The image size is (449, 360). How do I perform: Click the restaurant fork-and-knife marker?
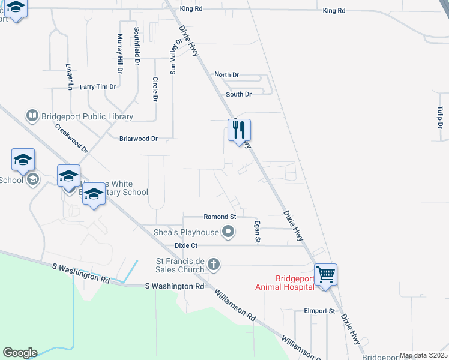click(239, 130)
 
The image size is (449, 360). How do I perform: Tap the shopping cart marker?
click(325, 275)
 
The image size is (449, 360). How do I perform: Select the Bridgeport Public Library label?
click(87, 116)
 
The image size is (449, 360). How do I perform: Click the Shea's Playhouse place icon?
click(228, 231)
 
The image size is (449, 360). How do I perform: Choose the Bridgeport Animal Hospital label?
click(285, 283)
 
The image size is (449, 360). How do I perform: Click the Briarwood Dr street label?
click(138, 139)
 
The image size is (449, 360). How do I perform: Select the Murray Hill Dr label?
click(120, 54)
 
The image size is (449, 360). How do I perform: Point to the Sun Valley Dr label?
click(175, 56)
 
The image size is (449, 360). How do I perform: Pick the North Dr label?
click(227, 74)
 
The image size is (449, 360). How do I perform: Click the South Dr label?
click(238, 94)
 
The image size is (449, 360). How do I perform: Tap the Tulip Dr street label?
click(440, 117)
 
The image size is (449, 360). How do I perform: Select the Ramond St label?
click(220, 216)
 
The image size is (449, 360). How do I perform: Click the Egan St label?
click(258, 232)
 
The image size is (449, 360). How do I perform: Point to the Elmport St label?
click(319, 311)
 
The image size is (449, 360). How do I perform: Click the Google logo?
click(20, 353)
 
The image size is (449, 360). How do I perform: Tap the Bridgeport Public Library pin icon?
click(31, 115)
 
